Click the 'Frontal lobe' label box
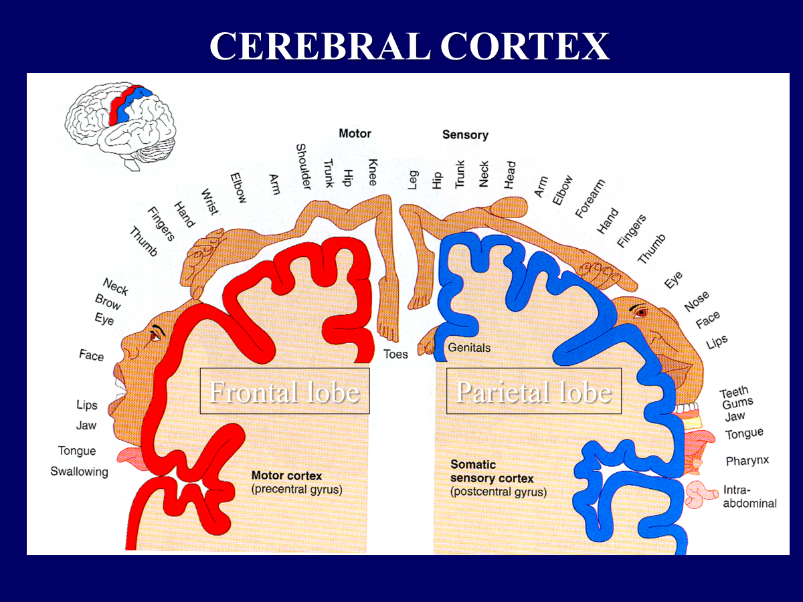pos(284,391)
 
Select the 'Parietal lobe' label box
pos(533,391)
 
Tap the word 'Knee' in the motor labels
pos(373,173)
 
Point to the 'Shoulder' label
pos(302,167)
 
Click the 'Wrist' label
pos(209,202)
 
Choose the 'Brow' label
pos(108,303)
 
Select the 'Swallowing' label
pos(79,472)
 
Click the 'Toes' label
pos(395,355)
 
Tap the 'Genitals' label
pos(469,348)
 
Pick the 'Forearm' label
pos(590,199)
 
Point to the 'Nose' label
pos(697,302)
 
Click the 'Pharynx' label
pos(747,461)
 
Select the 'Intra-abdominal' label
pos(749,496)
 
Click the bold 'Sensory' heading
pos(465,135)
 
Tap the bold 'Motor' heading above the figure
pos(355,134)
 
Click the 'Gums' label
pos(737,403)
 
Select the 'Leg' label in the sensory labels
pos(413,179)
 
